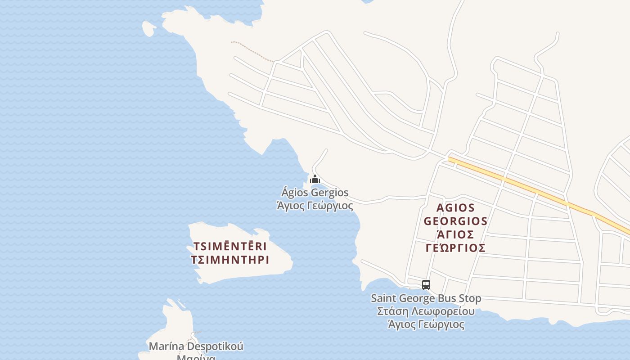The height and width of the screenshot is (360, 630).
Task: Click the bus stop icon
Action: click(426, 284)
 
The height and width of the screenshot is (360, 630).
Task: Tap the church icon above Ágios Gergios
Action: click(315, 179)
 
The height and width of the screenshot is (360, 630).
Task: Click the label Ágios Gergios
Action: click(315, 193)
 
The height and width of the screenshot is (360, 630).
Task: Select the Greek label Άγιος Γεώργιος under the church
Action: click(315, 206)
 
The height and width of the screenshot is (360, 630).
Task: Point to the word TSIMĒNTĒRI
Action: click(230, 247)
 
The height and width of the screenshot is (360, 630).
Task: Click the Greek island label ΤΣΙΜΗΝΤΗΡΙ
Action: click(230, 260)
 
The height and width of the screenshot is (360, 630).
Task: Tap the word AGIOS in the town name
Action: click(455, 208)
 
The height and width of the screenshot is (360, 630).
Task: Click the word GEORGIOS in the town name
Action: click(455, 221)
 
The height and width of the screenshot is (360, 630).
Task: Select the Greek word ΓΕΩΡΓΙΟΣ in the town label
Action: click(455, 248)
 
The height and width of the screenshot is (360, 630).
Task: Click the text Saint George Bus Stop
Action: click(426, 298)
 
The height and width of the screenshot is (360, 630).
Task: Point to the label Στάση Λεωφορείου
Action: click(426, 311)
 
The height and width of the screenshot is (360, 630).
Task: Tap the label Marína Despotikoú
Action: click(196, 346)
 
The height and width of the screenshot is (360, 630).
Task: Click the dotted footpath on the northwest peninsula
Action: click(252, 51)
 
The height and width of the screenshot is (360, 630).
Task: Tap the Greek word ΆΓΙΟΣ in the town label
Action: click(455, 235)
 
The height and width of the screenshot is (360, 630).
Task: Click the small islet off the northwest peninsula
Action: click(148, 28)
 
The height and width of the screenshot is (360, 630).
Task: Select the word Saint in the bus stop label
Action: click(383, 298)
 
